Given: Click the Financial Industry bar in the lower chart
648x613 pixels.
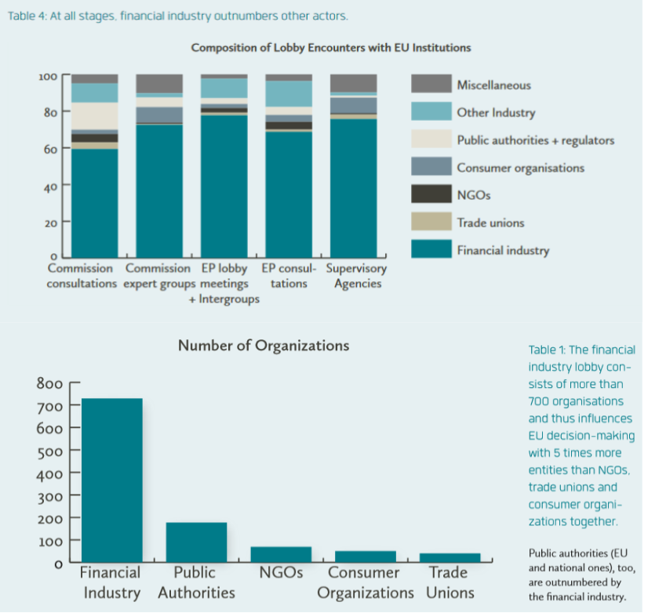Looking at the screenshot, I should (x=111, y=480).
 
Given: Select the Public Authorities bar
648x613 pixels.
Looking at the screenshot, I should (x=196, y=542).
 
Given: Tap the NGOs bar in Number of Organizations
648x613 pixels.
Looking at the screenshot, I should (x=281, y=554).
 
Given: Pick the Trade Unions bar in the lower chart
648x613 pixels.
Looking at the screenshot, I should (x=450, y=557).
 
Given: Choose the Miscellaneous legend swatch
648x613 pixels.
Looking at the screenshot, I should (x=431, y=85).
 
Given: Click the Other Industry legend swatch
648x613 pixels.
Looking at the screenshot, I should (x=431, y=112).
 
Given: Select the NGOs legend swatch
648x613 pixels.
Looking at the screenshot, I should (x=431, y=194).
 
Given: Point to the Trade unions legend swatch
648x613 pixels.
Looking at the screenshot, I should (x=431, y=222).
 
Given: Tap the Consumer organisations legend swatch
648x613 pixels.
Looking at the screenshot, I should (x=431, y=167).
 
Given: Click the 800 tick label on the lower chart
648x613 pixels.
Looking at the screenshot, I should (x=49, y=383).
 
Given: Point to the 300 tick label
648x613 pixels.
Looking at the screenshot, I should (x=49, y=495).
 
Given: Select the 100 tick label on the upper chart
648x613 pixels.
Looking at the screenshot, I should (x=49, y=77).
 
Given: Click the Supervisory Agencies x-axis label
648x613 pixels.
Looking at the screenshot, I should (x=356, y=276).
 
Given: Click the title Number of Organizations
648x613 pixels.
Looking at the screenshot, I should (x=264, y=346).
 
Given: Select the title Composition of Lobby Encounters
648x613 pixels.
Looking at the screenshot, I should (x=331, y=48).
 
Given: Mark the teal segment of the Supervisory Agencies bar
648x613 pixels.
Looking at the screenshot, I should (x=353, y=188).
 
